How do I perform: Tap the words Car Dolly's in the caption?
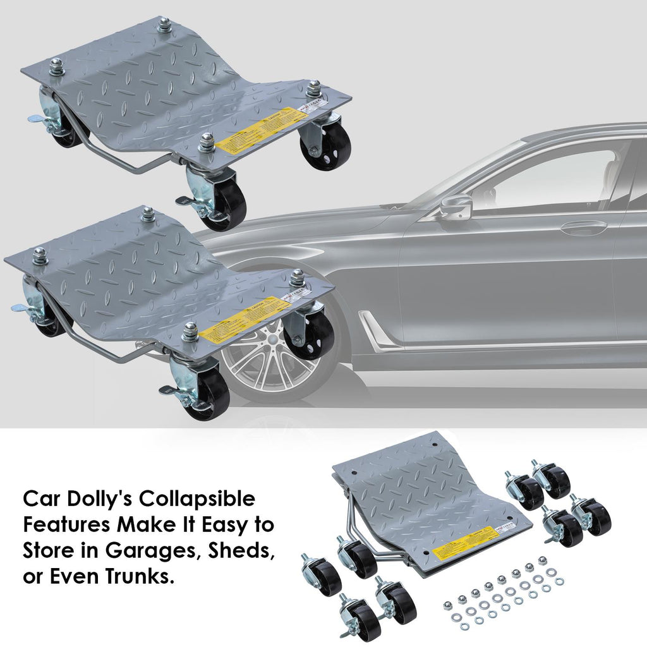(76, 500)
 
